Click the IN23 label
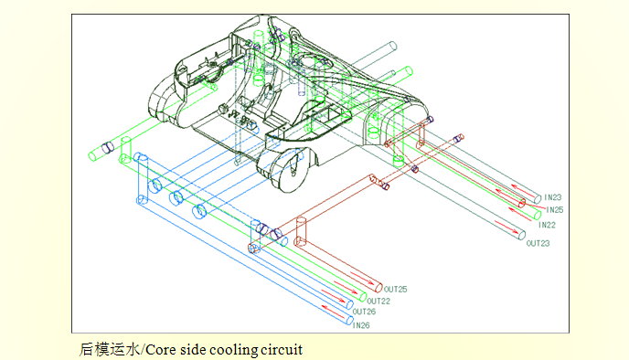point(553,197)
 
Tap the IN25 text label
point(555,209)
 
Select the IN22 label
point(547,225)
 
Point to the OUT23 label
point(538,243)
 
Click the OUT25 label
point(396,289)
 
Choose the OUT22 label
point(378,302)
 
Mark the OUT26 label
point(364,312)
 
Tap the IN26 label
point(361,325)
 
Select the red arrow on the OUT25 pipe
point(361,278)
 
